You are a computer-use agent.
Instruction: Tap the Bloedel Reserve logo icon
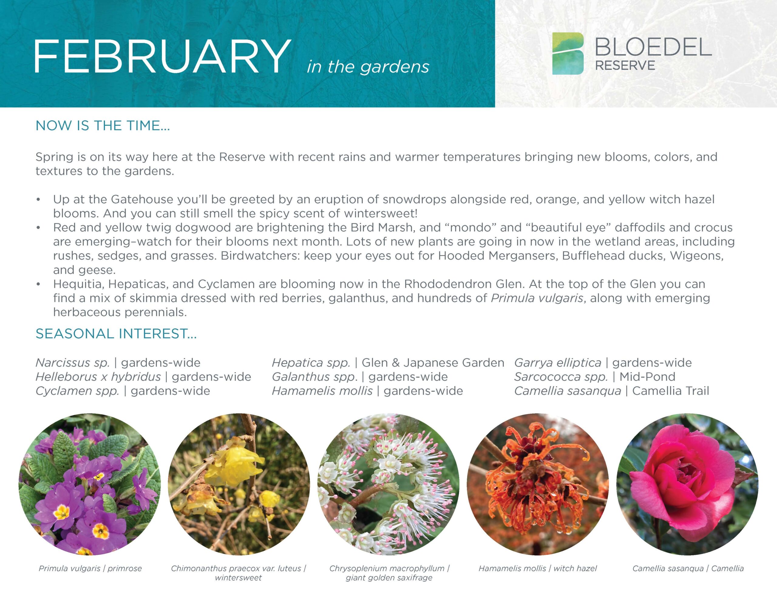568,53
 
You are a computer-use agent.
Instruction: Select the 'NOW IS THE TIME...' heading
103,126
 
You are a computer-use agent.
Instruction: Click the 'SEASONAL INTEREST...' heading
116,334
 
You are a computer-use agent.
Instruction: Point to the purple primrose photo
90,484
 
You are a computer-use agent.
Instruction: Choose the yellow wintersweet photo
239,484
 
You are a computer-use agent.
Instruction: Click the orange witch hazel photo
538,484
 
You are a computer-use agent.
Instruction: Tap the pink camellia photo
687,484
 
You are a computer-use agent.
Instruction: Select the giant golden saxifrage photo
388,484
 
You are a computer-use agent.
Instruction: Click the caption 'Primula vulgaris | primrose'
90,568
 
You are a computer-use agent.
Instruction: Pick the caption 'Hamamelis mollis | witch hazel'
538,568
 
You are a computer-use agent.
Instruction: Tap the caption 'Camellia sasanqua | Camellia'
688,568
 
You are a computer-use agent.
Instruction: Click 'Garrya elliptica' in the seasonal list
558,363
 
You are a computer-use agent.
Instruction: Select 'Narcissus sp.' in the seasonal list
73,363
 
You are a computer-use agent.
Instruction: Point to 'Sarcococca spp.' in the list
561,377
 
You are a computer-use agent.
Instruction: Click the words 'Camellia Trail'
671,391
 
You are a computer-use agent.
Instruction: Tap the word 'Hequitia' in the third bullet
79,284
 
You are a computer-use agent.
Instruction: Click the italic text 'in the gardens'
368,67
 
